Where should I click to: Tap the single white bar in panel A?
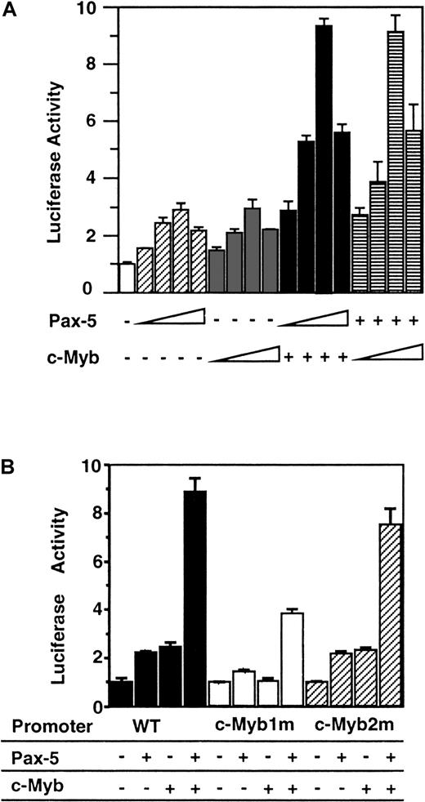click(126, 278)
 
